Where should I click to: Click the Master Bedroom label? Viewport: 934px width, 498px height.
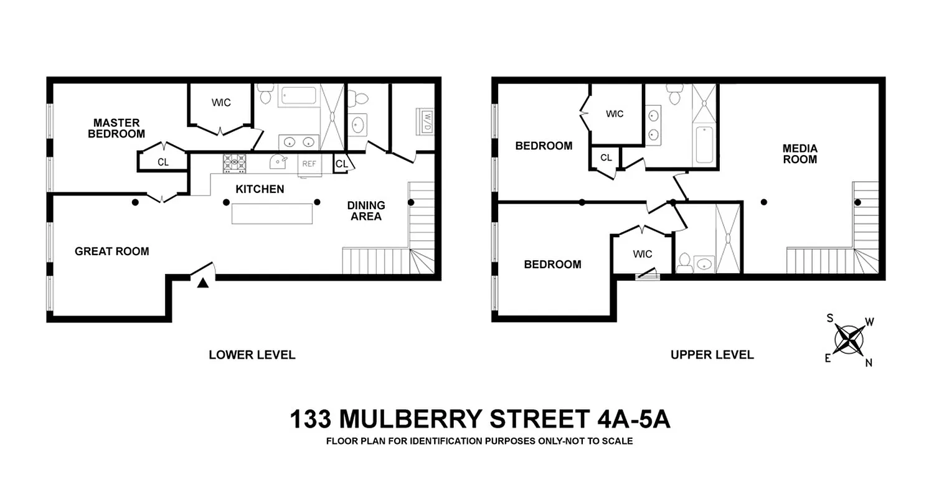click(116, 128)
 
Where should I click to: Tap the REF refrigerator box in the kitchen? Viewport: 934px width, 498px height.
click(309, 164)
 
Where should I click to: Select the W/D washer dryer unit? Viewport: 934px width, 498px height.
click(428, 120)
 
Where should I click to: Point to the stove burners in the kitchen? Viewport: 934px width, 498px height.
click(235, 163)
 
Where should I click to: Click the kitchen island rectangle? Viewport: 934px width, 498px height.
click(272, 214)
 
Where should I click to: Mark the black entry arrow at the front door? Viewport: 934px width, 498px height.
click(203, 283)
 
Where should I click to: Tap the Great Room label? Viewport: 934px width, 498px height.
click(112, 251)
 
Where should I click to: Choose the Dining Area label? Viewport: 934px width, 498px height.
click(366, 210)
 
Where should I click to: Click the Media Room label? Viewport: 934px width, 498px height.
click(800, 154)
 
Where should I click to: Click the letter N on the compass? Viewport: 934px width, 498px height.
click(869, 363)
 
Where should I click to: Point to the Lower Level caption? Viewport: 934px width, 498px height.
click(252, 355)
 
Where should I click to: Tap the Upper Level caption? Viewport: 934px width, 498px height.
click(712, 355)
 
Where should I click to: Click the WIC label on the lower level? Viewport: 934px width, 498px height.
click(221, 102)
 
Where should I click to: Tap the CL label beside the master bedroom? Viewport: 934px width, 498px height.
click(163, 162)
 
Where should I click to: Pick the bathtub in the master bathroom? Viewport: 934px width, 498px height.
click(299, 96)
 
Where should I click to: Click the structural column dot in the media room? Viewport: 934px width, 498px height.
click(764, 202)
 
